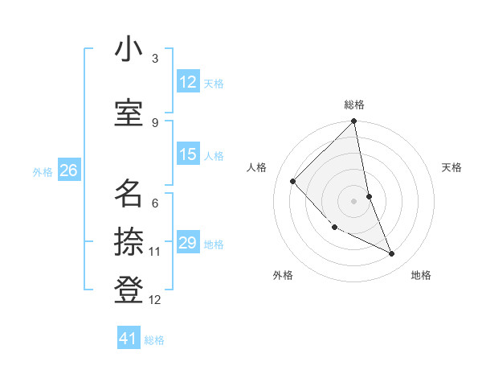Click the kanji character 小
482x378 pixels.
click(x=129, y=51)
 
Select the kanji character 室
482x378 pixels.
click(x=129, y=113)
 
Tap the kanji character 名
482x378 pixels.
click(x=129, y=193)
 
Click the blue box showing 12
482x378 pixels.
click(x=188, y=82)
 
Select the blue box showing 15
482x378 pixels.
click(x=188, y=154)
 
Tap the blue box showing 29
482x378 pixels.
click(x=188, y=243)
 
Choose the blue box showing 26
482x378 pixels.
click(x=68, y=171)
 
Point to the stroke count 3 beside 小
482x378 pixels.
click(x=155, y=59)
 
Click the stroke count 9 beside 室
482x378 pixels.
click(x=155, y=122)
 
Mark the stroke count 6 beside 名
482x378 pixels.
click(x=155, y=203)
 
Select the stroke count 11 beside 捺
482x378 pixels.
click(x=155, y=252)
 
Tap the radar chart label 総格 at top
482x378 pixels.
click(x=354, y=105)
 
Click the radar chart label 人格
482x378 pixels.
click(x=257, y=167)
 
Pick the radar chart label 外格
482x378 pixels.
click(x=283, y=275)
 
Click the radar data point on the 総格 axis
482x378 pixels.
click(x=354, y=121)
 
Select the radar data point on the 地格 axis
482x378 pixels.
click(x=392, y=253)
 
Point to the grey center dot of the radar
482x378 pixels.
click(x=354, y=201)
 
